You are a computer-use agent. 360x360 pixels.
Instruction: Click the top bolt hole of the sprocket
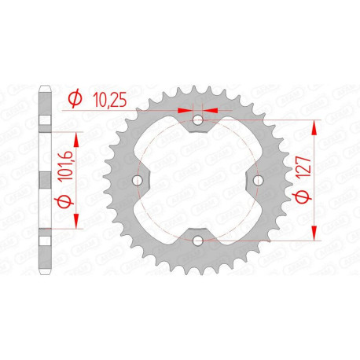(198, 120)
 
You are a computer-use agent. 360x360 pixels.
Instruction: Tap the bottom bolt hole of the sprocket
(198, 240)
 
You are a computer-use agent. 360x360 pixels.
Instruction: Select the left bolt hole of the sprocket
(138, 180)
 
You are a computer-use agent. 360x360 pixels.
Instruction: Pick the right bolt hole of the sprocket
(258, 180)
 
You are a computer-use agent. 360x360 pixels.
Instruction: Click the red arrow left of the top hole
(186, 111)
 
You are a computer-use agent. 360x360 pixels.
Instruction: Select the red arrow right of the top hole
(210, 111)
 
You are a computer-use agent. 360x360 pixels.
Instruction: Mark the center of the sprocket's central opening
(198, 180)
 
